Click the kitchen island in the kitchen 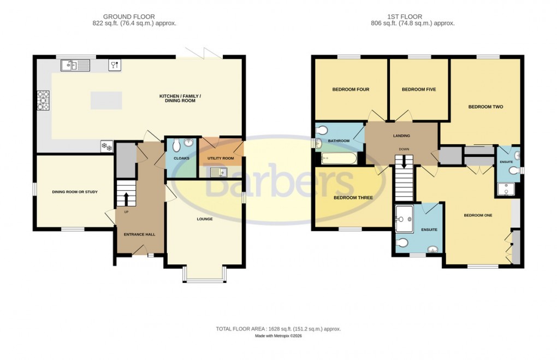[x=106, y=100]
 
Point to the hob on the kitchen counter [x=43, y=101]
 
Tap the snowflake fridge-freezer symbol [x=106, y=146]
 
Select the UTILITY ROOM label [x=220, y=158]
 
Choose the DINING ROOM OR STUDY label [x=75, y=192]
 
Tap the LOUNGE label [x=205, y=219]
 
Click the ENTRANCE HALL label [x=139, y=234]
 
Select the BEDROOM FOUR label [x=351, y=90]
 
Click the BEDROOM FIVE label [x=418, y=90]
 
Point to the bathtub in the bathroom [x=339, y=159]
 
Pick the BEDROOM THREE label [x=353, y=198]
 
